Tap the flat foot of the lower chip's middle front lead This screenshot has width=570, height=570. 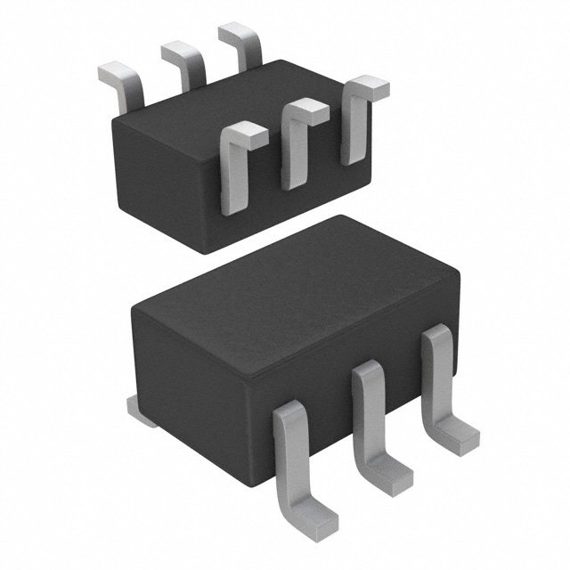point(393,472)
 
